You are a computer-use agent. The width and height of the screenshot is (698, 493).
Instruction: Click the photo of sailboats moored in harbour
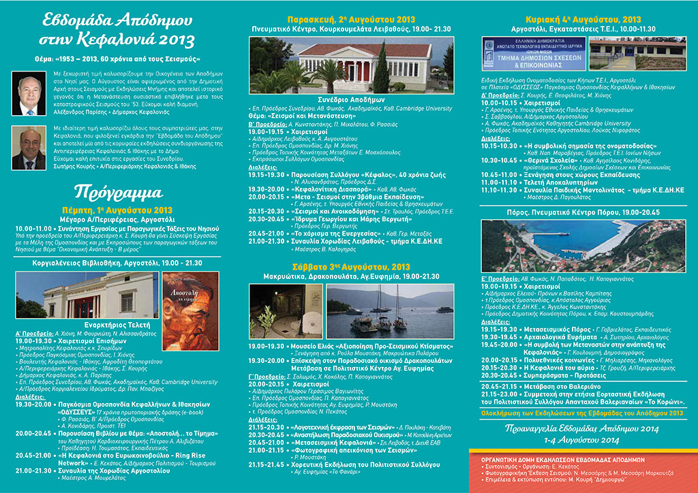(x=389, y=311)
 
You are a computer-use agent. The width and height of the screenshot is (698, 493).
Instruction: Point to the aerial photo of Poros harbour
(x=583, y=246)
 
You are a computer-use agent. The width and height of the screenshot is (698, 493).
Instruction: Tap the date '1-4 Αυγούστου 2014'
(x=583, y=439)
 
